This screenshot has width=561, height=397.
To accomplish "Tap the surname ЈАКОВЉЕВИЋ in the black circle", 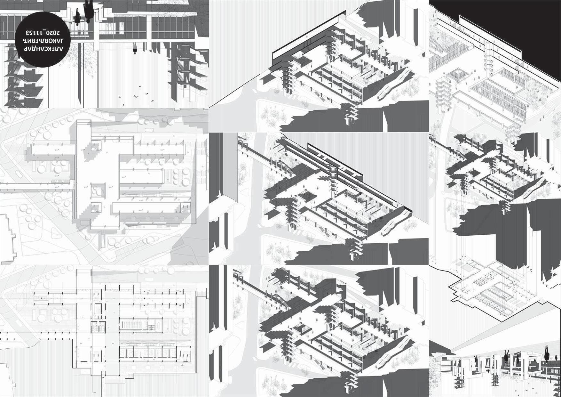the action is pos(42,41).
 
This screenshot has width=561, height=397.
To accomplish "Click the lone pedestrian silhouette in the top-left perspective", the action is pos(135,49).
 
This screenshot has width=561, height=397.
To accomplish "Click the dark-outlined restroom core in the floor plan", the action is pos(98,327).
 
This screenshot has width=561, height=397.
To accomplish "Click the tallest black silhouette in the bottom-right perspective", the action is pos(546,355).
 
